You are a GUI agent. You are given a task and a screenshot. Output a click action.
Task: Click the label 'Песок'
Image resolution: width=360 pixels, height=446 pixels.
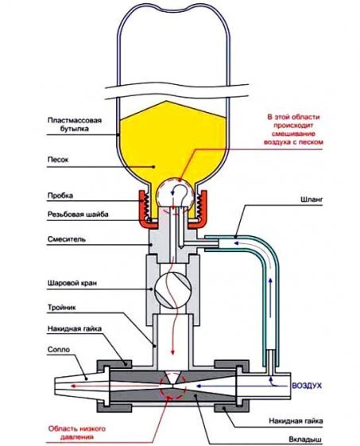point(58,160)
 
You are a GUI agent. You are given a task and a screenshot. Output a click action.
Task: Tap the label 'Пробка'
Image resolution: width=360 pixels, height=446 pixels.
point(60,196)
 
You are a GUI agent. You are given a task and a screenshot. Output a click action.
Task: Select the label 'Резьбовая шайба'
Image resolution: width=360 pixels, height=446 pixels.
point(78,214)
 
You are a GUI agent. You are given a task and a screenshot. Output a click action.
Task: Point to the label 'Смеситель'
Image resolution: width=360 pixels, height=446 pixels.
point(66,239)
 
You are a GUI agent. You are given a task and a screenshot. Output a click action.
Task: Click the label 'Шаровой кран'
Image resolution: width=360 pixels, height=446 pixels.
point(72,283)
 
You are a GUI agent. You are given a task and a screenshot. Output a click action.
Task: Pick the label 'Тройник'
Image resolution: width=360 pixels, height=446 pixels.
point(61,308)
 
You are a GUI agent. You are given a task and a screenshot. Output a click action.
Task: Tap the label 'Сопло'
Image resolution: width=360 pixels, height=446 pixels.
point(58,349)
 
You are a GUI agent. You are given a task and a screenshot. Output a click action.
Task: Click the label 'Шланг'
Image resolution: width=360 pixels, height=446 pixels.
point(312,200)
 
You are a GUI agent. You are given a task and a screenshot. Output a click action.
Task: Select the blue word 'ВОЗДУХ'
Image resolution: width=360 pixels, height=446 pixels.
point(307,386)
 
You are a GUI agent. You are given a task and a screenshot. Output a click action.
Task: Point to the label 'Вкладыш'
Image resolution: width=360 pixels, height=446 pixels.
point(305,439)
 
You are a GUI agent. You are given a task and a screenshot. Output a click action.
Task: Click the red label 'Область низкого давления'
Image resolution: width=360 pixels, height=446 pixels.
point(77,432)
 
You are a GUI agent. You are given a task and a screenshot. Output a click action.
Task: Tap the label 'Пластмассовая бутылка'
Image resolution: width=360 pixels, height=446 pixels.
point(75,124)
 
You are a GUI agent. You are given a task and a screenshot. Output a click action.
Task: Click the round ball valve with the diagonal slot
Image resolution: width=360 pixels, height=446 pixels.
point(172,290)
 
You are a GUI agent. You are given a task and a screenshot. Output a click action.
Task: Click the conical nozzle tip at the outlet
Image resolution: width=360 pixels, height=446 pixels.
point(82,386)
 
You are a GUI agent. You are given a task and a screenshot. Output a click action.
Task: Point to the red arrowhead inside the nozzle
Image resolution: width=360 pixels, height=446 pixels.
point(73,386)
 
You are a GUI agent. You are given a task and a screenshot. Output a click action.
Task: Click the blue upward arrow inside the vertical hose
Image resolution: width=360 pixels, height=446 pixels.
point(270,298)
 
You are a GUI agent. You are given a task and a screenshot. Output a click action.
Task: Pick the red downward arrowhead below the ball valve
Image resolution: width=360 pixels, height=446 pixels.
point(172,352)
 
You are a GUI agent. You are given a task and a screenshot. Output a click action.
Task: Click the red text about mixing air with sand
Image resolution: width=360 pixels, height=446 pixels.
point(293,130)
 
